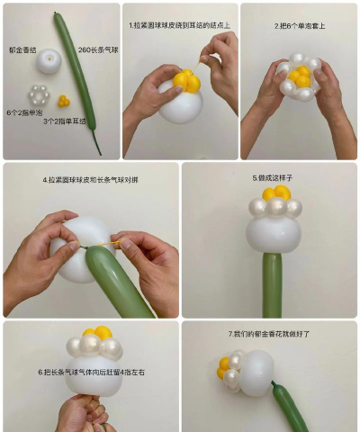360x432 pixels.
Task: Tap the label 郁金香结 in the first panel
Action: [22, 49]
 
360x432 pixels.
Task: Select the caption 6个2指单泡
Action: [22, 112]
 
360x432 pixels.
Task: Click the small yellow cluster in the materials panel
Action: [64, 101]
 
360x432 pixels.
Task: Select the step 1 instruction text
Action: [179, 26]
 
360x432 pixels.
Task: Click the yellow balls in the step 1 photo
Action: [186, 82]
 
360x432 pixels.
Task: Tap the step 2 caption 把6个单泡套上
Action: [299, 26]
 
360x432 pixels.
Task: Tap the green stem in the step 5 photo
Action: [272, 283]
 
